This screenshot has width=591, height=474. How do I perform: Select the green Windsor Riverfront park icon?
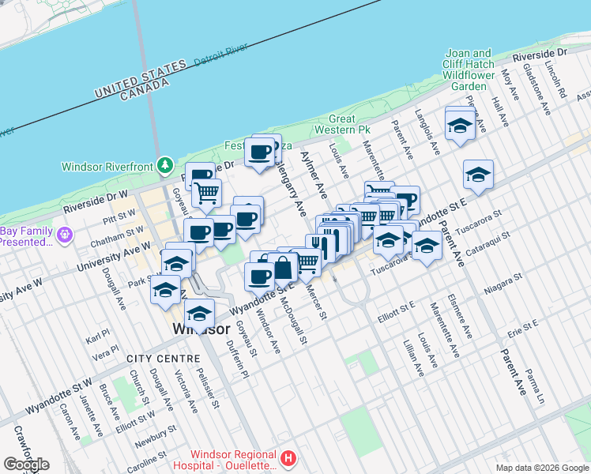164,166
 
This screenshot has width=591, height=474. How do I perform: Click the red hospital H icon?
289,458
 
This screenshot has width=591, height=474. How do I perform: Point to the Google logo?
25,464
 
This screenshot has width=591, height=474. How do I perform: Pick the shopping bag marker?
282,269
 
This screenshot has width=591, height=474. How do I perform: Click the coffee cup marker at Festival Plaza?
259,152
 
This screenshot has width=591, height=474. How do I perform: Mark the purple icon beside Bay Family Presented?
64,235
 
